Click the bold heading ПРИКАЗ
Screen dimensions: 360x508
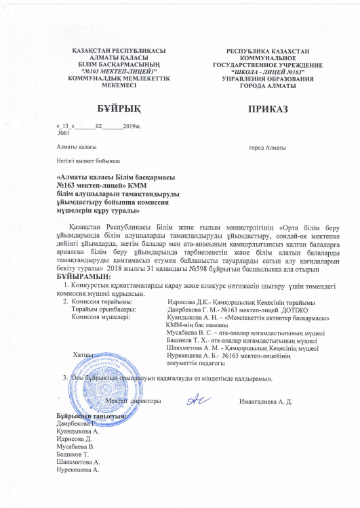[x=268, y=108]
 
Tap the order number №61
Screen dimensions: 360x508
[x=65, y=133]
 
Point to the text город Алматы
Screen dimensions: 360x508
[x=268, y=148]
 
